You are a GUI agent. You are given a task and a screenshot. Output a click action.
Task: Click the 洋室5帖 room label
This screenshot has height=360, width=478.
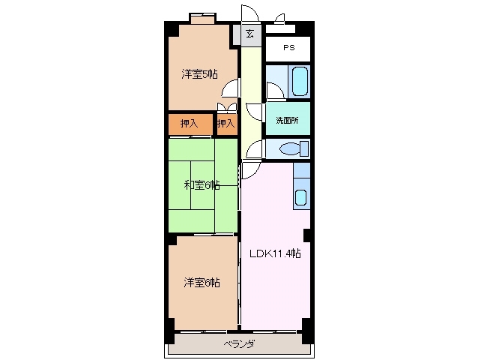[199, 73]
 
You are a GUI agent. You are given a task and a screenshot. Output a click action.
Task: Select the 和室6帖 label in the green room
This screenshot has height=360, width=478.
[202, 184]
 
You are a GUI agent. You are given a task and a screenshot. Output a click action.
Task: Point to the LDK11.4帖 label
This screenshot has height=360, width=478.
[275, 253]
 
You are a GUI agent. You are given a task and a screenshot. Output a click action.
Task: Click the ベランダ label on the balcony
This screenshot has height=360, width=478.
[239, 344]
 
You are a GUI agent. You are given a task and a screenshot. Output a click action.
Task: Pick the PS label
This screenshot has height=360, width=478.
[288, 48]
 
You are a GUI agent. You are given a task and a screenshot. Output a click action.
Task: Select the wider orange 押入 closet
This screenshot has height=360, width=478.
[190, 123]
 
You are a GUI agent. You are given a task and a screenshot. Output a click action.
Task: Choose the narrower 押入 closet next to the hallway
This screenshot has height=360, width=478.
[226, 123]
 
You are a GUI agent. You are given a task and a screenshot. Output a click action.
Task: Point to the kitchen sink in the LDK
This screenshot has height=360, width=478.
[300, 198]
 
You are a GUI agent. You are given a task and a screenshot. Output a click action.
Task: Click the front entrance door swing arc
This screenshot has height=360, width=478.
[248, 15]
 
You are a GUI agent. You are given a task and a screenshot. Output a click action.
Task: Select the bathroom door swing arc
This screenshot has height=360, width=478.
[274, 90]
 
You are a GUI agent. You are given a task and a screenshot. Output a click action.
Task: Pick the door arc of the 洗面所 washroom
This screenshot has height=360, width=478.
[255, 112]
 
